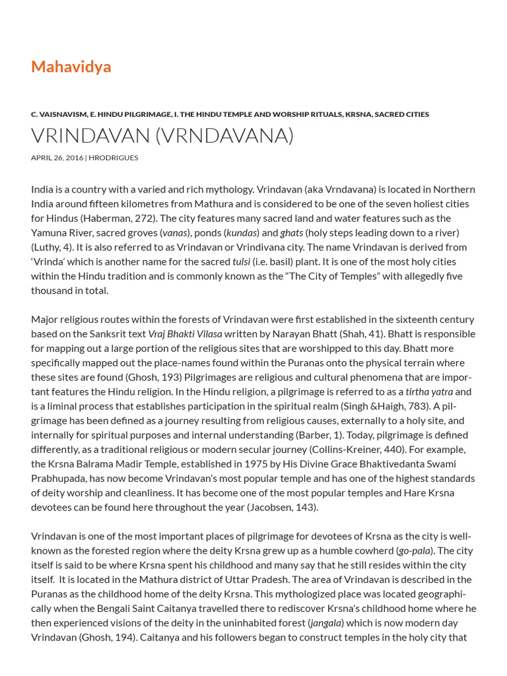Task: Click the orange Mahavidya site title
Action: (71, 67)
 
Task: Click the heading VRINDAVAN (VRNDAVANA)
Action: (162, 135)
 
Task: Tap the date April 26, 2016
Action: (57, 158)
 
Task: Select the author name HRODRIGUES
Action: (114, 158)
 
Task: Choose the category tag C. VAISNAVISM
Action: (59, 114)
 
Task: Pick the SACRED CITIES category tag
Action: (401, 114)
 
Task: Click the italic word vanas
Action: (175, 232)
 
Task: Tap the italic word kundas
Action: (242, 232)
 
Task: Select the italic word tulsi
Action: (241, 261)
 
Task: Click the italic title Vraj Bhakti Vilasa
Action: (185, 334)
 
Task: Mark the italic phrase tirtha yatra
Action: (428, 391)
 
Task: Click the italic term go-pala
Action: (415, 551)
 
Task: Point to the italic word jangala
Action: (326, 623)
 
